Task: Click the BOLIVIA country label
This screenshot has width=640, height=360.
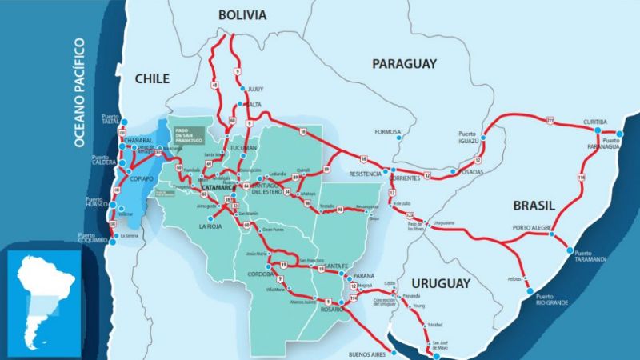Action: pyautogui.click(x=242, y=15)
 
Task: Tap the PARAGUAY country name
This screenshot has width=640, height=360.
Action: pyautogui.click(x=404, y=63)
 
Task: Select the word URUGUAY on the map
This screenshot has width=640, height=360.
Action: pyautogui.click(x=441, y=283)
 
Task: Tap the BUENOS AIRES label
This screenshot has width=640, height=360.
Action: pyautogui.click(x=369, y=354)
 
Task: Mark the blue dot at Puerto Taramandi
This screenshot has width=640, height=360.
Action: pyautogui.click(x=571, y=251)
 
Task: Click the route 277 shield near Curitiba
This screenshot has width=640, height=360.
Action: pyautogui.click(x=550, y=120)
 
